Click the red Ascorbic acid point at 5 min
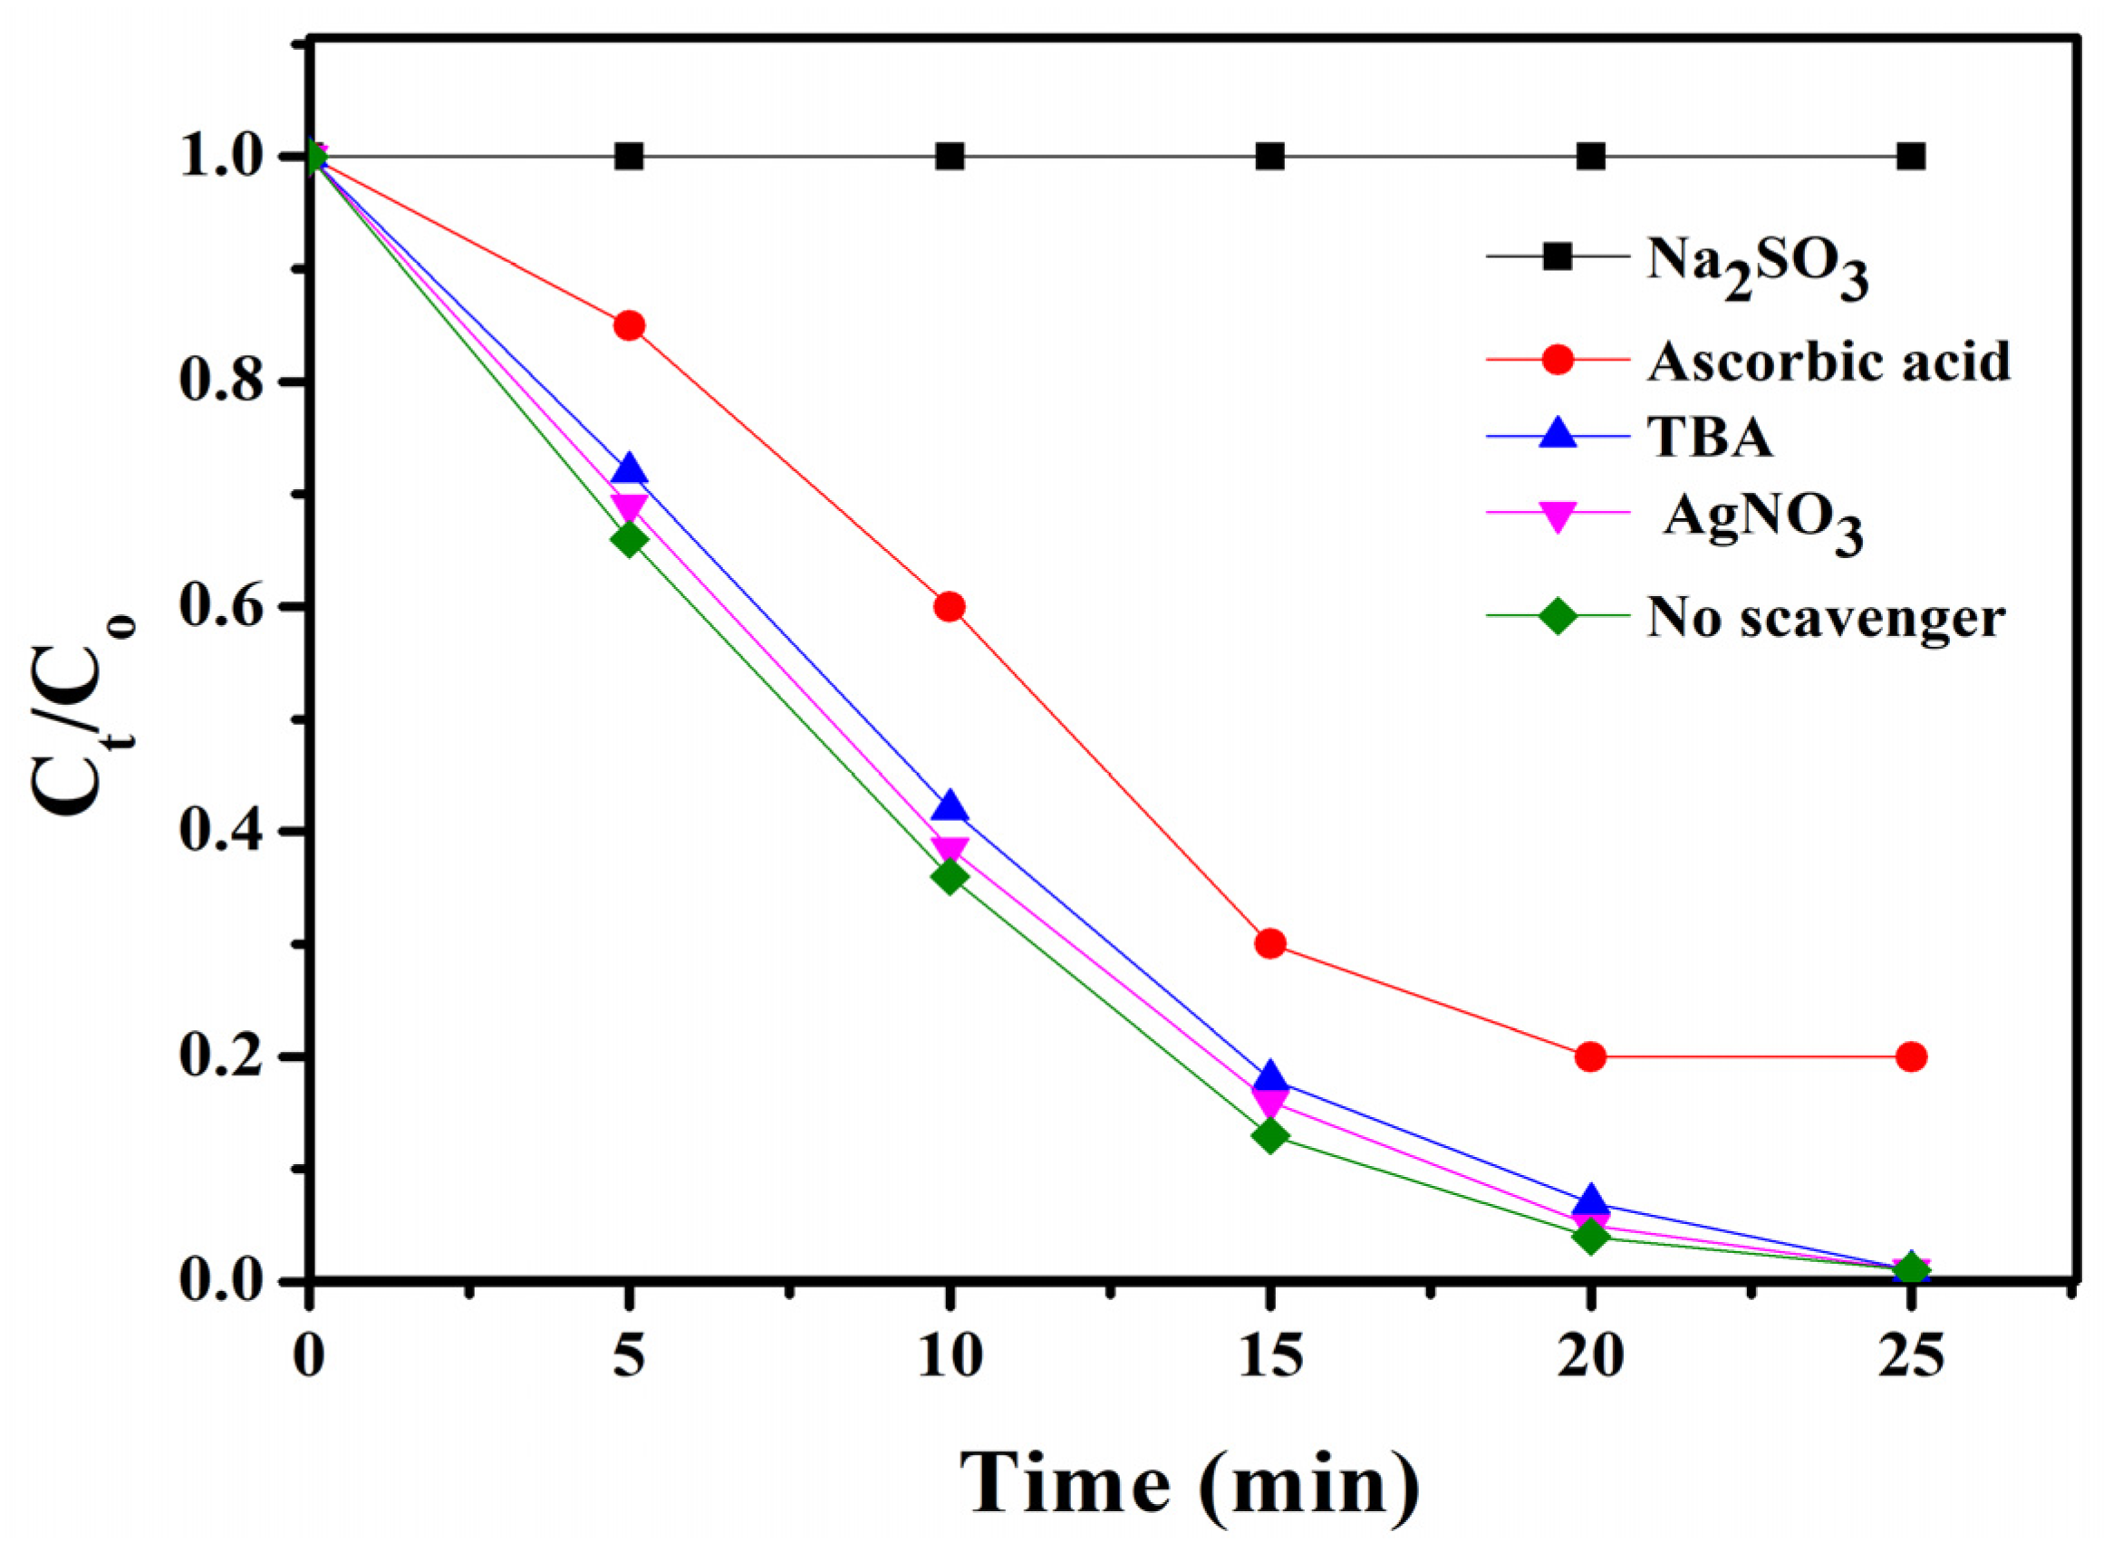click(x=628, y=326)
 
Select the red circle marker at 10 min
click(x=950, y=607)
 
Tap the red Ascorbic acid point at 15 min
click(x=1269, y=944)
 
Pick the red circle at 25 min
click(x=1911, y=1056)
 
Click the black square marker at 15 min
click(x=1269, y=156)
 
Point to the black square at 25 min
click(x=1911, y=156)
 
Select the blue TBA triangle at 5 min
click(x=628, y=469)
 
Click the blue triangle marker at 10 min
click(x=950, y=805)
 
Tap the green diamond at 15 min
click(x=1269, y=1136)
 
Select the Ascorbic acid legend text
click(x=1828, y=360)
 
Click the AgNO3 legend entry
click(x=1762, y=521)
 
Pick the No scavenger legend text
click(x=1825, y=617)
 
